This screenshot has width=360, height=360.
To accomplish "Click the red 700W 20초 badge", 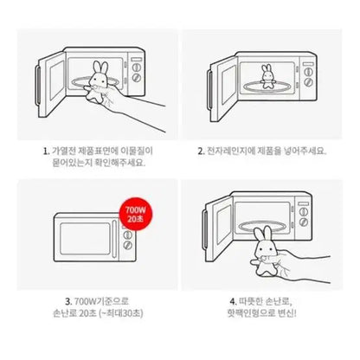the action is coord(135,214).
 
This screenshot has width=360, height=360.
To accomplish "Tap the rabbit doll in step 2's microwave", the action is coord(267,76).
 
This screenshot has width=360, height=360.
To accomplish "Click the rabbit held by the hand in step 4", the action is coord(265,252).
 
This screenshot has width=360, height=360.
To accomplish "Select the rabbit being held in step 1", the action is coord(97,81).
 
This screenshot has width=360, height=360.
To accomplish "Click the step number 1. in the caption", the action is coord(46,151).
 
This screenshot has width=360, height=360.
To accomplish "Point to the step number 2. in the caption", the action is coord(201,151).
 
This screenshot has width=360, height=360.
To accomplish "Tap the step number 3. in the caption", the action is coord(68,301).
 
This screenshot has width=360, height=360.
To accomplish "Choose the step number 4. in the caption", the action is coord(233,301).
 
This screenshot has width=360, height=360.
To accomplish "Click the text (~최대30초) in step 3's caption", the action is coord(121,313).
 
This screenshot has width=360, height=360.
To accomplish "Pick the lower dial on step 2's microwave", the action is coord(308,82).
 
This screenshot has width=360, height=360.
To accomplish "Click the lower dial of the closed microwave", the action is coord(127,245).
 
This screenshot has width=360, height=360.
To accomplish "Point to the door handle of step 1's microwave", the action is coord(38,85).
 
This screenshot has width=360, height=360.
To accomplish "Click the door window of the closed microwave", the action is coord(85,239).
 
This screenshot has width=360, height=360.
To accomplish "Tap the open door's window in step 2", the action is coord(228,85).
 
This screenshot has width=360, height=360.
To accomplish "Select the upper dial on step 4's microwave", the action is coord(303,212).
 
